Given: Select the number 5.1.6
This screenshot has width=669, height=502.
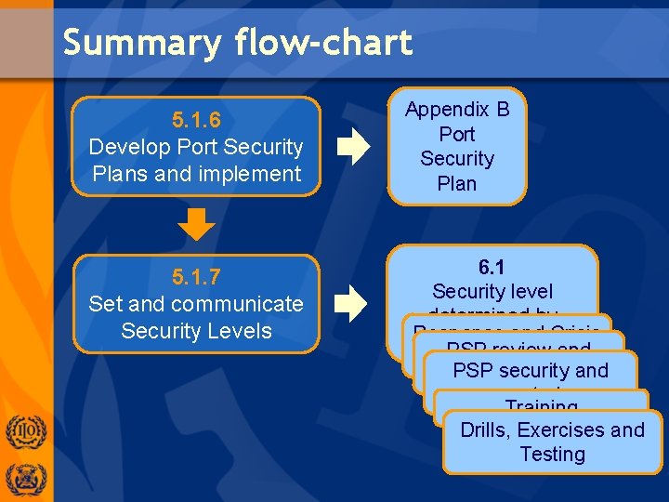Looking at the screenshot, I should click(x=196, y=120).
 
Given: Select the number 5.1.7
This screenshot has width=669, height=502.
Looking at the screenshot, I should click(x=196, y=277).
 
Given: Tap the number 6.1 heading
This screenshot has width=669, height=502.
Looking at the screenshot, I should click(x=492, y=267).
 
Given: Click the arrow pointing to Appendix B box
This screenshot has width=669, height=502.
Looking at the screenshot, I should click(x=353, y=147).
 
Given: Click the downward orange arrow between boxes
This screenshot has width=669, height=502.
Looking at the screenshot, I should click(x=196, y=223).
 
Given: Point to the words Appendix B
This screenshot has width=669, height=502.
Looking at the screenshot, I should click(x=457, y=110).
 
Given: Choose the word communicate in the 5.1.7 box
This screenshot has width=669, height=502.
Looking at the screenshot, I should click(x=244, y=304).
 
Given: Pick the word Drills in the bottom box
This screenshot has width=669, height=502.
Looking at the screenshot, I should click(x=485, y=430).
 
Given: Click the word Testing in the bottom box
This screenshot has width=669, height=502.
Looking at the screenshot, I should click(x=552, y=455).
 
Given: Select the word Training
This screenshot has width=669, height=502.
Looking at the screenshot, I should click(x=542, y=406).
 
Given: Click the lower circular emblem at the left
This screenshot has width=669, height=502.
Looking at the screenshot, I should click(x=25, y=479).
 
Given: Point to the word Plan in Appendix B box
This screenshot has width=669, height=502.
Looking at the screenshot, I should click(x=457, y=183).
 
